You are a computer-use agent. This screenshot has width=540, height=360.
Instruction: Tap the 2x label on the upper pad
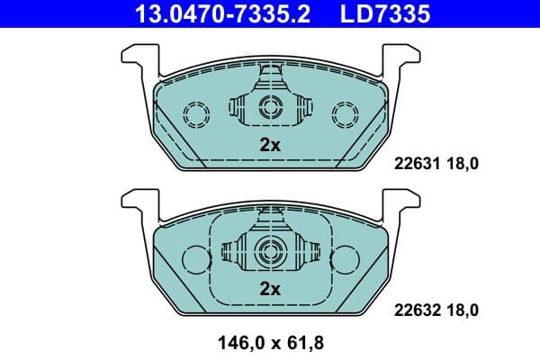pos(270,144)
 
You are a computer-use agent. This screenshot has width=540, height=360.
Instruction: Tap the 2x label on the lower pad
pos(270,289)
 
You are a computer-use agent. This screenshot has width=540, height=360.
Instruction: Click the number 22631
pos(416,164)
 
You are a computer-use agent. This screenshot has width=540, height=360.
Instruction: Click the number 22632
pos(416,310)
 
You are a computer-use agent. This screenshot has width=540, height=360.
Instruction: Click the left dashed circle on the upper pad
pos(195,114)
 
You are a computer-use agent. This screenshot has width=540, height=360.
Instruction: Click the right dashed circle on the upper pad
pos(344,114)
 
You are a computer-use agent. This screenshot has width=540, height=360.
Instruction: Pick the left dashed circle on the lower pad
pos(195,258)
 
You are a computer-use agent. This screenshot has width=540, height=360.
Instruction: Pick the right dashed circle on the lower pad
pos(344,258)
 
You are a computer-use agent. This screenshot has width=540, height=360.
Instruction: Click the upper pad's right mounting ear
pos(403,58)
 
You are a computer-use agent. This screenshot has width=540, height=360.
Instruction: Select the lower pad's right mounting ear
pos(403,202)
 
